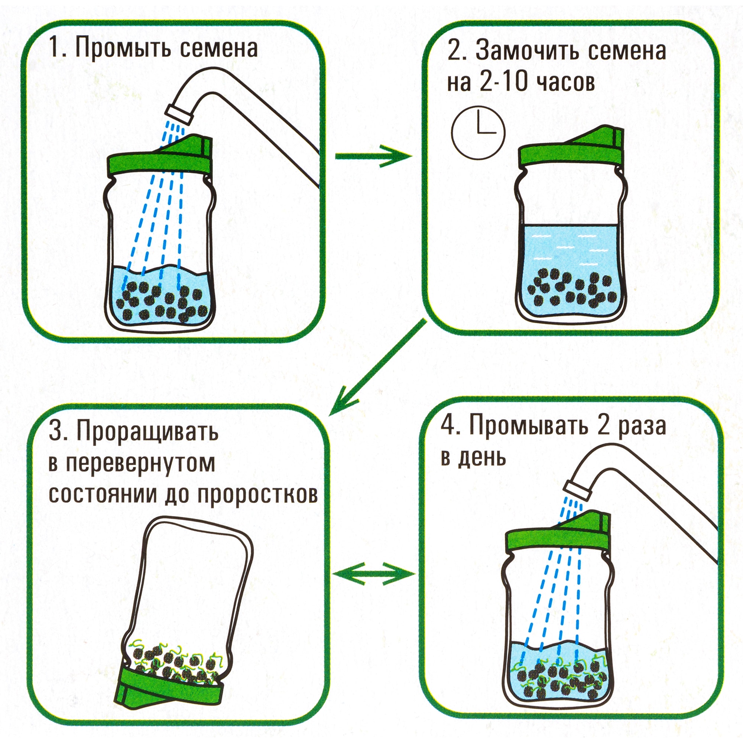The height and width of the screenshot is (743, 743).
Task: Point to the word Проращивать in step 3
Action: point(147,432)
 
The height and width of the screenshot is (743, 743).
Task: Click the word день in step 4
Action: point(486,458)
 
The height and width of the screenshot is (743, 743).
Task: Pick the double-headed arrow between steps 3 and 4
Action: point(373,573)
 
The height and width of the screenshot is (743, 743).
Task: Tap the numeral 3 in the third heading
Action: point(56,432)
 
